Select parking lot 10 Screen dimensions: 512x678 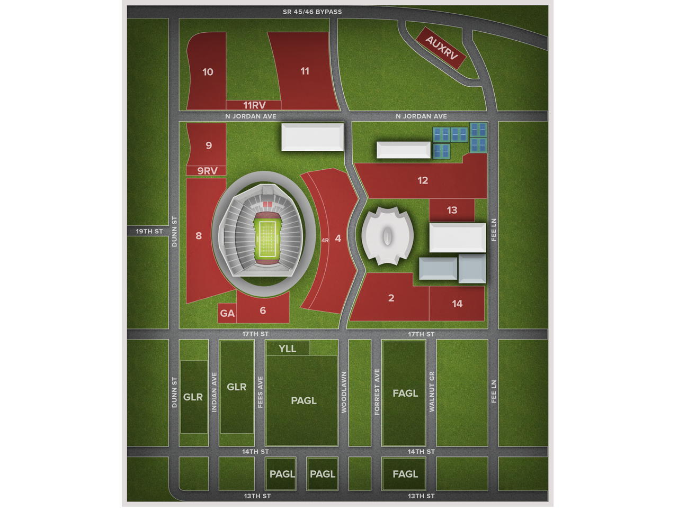[208, 72]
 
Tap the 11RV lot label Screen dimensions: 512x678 [254, 105]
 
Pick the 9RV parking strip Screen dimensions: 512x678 [207, 171]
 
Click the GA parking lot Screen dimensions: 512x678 [227, 313]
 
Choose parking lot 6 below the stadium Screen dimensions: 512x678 [263, 310]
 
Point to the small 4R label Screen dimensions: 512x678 [325, 240]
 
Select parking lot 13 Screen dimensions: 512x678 [452, 210]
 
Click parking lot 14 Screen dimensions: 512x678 [457, 304]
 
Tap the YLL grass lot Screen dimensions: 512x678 [288, 349]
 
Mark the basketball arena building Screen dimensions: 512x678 [387, 236]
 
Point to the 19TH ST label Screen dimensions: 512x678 [149, 232]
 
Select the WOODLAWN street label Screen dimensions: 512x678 [344, 392]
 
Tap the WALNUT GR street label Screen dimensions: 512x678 [432, 392]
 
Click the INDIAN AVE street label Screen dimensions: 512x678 [215, 393]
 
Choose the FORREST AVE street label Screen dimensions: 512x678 [377, 392]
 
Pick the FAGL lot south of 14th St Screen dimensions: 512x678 [405, 474]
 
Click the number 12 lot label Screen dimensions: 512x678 [422, 180]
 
